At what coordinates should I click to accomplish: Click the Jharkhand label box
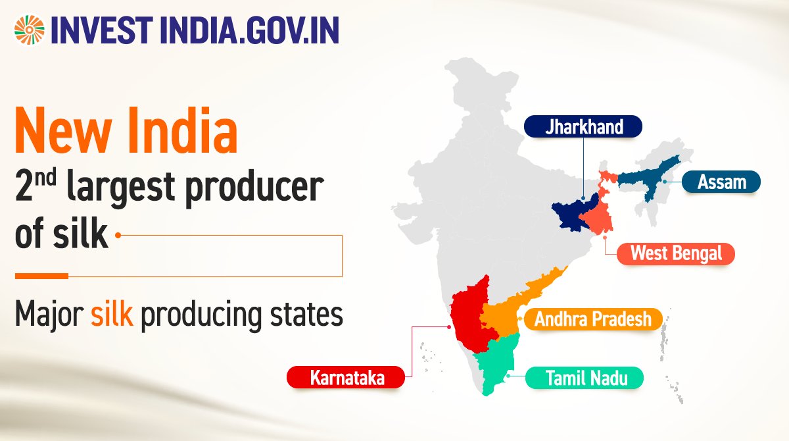pyautogui.click(x=583, y=126)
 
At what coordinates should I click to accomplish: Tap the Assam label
pyautogui.click(x=721, y=181)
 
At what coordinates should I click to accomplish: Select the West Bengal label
pyautogui.click(x=676, y=253)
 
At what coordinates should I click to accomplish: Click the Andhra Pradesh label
pyautogui.click(x=592, y=319)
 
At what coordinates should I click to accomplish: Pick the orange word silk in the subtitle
pyautogui.click(x=112, y=315)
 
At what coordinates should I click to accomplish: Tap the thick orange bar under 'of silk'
pyautogui.click(x=41, y=275)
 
